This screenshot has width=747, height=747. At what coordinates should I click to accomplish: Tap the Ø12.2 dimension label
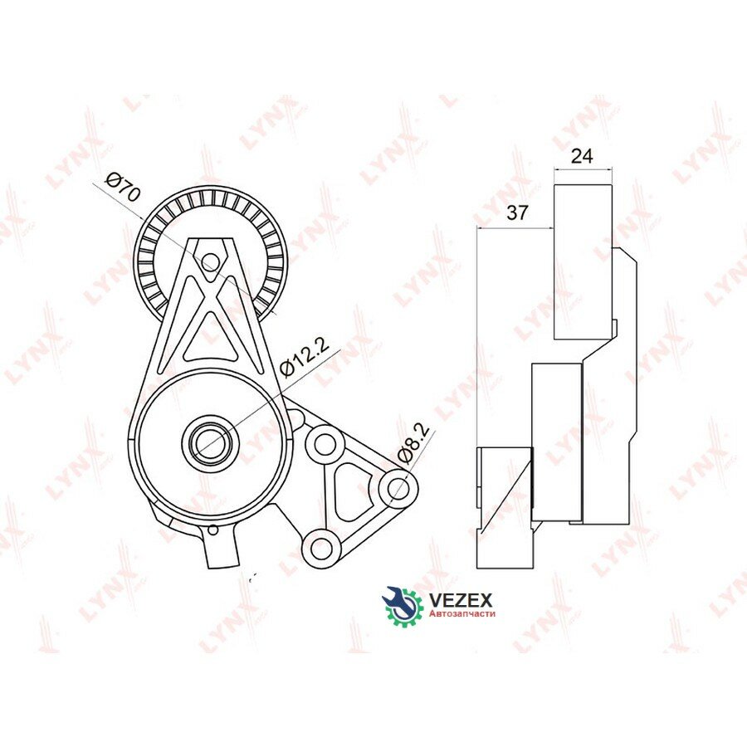tap(305, 359)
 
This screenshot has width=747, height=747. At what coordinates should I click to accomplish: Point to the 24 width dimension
tap(582, 156)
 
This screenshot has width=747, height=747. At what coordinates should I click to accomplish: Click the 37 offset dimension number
tap(517, 212)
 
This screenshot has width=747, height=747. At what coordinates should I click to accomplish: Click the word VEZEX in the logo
tap(461, 599)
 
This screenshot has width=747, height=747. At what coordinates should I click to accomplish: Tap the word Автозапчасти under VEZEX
tap(462, 613)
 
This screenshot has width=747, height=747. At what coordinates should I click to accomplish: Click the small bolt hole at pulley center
tap(209, 261)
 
